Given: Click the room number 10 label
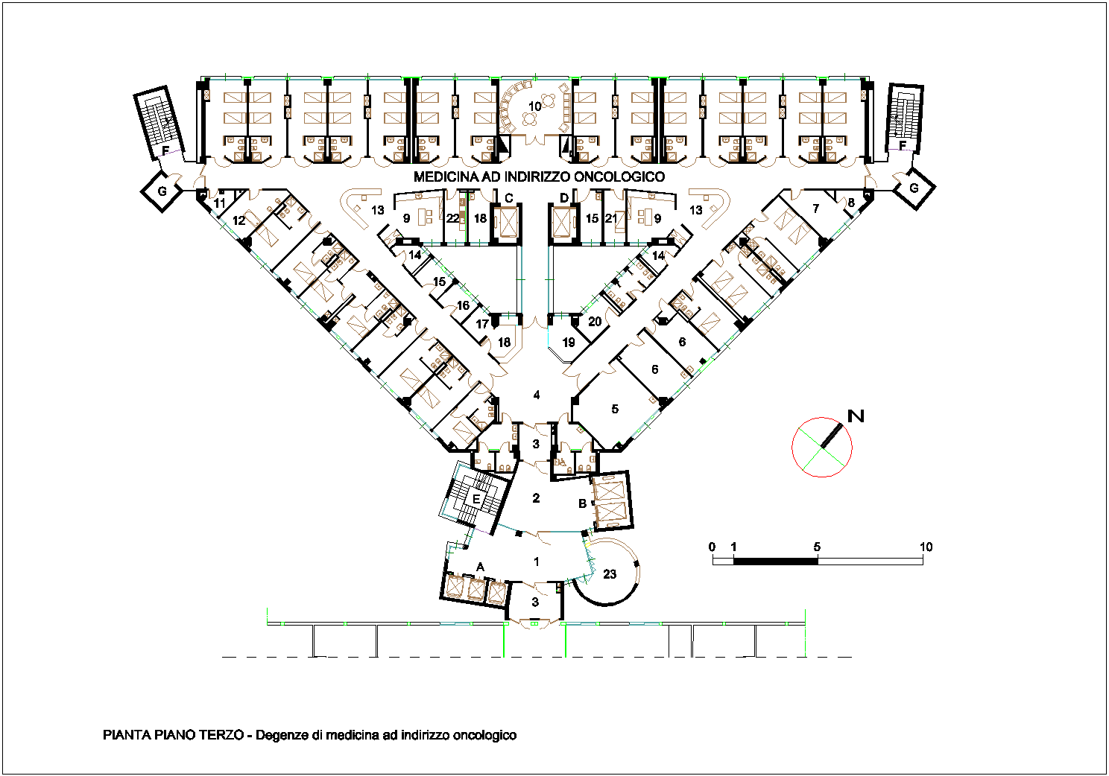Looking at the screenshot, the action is tap(534, 106).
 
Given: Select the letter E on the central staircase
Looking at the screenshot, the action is tap(476, 499).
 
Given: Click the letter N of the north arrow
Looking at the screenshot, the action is tap(856, 416).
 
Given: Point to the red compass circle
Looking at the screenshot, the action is tap(792, 447).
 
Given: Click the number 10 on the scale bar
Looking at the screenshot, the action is tap(926, 547).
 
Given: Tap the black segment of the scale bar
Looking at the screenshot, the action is tap(775, 561).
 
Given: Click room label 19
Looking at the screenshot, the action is tap(569, 343).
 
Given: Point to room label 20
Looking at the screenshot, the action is tap(595, 322).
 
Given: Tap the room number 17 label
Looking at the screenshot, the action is tap(482, 325).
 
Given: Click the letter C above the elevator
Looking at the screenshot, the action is tap(509, 198).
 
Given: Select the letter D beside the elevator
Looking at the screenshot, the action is tap(564, 198).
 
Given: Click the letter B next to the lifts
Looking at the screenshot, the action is tap(582, 503).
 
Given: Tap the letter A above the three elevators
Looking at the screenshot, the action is tap(480, 567).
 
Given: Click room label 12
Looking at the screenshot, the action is tap(239, 220).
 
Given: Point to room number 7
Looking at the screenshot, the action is tap(815, 209).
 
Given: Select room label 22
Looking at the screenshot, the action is tap(453, 218).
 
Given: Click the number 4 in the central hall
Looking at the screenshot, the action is tap(536, 395).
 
